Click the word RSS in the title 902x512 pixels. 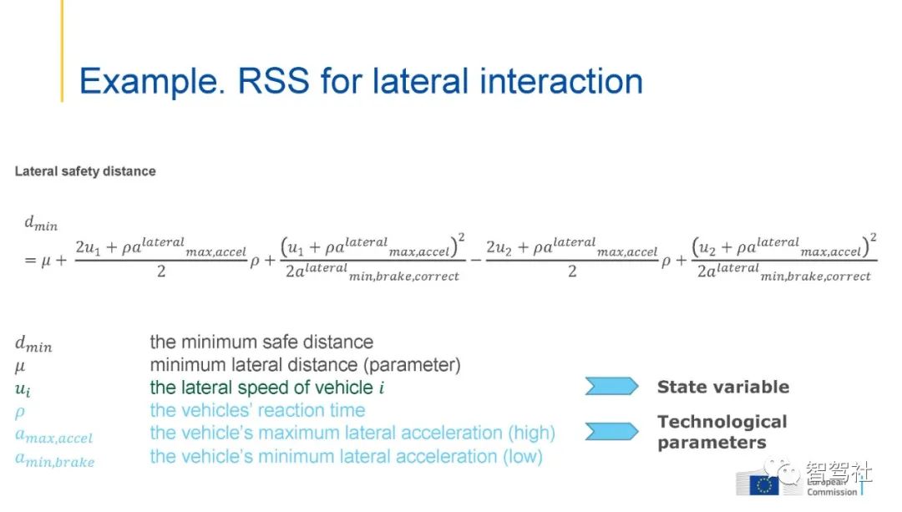pos(273,80)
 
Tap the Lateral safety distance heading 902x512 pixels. pos(85,171)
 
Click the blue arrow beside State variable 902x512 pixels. pos(611,386)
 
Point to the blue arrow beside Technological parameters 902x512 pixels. pos(611,431)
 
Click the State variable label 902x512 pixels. pos(723,387)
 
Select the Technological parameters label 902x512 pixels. pos(722,432)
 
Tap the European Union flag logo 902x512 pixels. pos(764,485)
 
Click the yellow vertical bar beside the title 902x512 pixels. pos(62,51)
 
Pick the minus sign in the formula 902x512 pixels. pos(476,261)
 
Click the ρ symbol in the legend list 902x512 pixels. pos(20,412)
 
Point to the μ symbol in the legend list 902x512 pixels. pos(19,366)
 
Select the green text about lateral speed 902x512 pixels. pos(267,388)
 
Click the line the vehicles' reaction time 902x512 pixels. pos(257,410)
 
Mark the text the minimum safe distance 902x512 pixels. pos(261,342)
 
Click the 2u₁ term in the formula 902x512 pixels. pos(88,246)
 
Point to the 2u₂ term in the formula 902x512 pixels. pos(499,246)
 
